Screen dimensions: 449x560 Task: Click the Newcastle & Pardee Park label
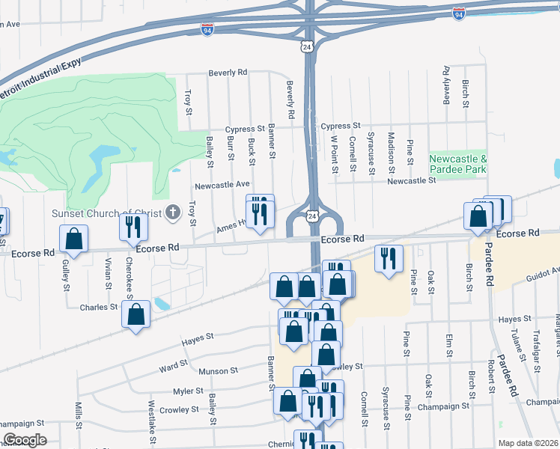458,164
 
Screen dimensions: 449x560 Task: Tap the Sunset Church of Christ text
106,213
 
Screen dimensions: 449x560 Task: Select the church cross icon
173,213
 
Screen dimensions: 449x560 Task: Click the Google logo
25,439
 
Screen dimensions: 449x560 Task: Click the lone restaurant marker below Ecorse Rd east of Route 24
389,259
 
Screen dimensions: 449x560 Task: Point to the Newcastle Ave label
222,184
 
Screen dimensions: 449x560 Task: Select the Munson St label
218,370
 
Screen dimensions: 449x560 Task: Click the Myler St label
188,391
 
